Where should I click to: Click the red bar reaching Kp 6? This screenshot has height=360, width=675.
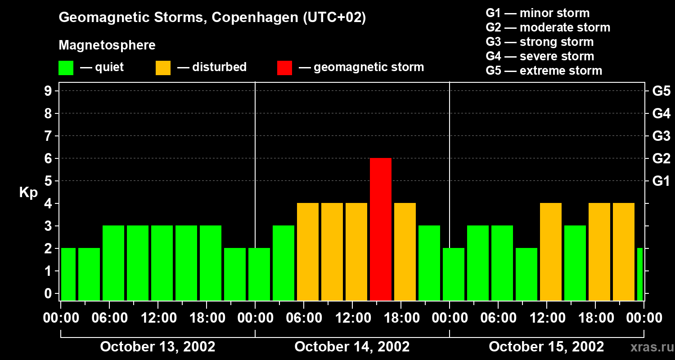(x=380, y=229)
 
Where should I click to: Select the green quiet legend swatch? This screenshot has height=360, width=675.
(x=66, y=68)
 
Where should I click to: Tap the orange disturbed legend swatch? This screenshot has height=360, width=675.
(x=163, y=68)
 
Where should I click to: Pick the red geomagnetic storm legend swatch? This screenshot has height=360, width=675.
(x=284, y=68)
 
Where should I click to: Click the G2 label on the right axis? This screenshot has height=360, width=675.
(x=661, y=159)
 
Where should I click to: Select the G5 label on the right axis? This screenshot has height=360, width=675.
(x=661, y=91)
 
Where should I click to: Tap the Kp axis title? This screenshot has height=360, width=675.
(x=28, y=193)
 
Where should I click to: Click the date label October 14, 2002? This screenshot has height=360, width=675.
(x=352, y=346)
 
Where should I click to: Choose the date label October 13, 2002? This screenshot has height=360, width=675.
(x=157, y=346)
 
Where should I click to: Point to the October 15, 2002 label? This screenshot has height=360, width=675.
(x=546, y=346)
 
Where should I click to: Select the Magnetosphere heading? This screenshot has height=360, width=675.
(x=107, y=45)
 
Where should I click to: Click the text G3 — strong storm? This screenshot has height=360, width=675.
(x=540, y=42)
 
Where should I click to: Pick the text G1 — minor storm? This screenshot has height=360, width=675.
(x=537, y=13)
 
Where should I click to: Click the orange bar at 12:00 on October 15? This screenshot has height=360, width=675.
(x=551, y=252)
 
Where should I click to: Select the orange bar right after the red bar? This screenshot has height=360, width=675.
(x=405, y=252)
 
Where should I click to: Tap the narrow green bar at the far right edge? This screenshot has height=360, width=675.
(x=640, y=274)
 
